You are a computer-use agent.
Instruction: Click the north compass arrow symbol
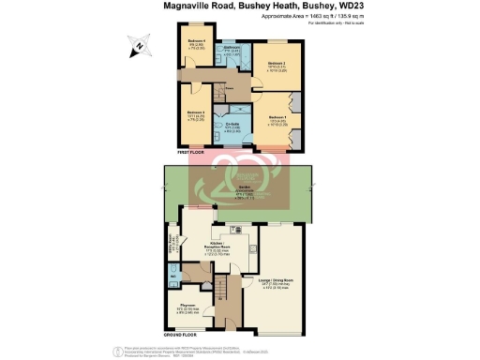(137, 44)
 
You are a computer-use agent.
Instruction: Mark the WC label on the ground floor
(174, 277)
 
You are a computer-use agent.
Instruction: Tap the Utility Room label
(173, 251)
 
